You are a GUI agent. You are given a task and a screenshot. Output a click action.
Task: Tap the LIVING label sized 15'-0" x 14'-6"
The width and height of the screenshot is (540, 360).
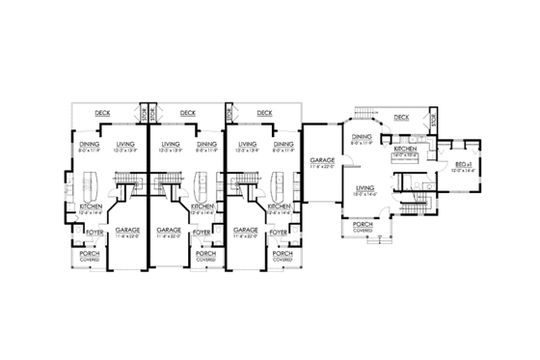click(x=364, y=188)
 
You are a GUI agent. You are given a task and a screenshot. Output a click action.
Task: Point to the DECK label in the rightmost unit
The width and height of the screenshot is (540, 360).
click(x=401, y=118)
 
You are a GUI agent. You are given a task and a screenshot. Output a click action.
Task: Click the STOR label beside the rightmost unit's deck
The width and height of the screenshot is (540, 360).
click(x=435, y=121)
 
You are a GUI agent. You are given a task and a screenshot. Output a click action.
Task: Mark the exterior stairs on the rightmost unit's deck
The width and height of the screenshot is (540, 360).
click(x=366, y=112)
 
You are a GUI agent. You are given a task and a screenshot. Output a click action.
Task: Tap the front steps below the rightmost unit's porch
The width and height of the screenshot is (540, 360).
click(x=364, y=245)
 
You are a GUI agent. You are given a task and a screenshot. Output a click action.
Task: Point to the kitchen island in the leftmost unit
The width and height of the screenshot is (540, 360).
click(x=94, y=181)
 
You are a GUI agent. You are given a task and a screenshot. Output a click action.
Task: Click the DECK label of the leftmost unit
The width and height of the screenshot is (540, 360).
click(x=102, y=113)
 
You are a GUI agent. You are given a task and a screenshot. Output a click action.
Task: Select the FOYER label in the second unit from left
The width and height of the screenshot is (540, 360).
click(x=204, y=232)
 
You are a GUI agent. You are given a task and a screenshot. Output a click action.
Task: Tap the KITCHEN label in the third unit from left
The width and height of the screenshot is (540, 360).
click(x=280, y=207)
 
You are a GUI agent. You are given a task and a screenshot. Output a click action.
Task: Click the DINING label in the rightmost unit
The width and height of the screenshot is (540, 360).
click(x=362, y=137)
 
